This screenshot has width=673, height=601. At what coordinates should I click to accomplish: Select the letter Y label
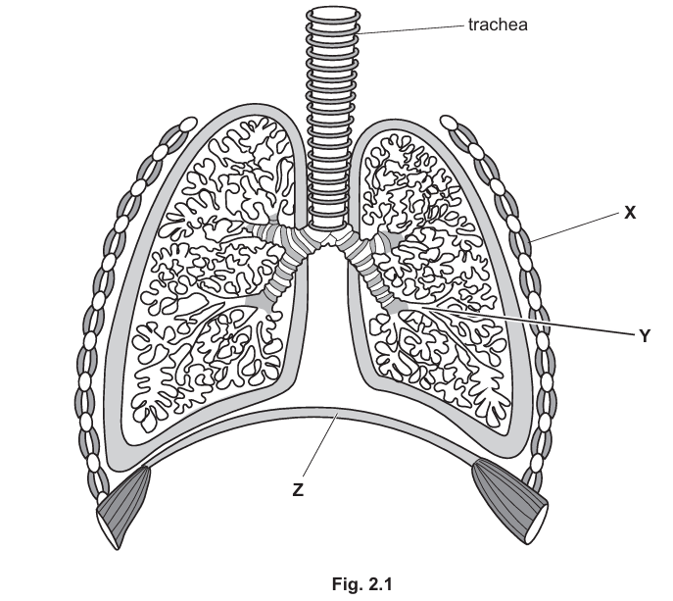click(x=644, y=335)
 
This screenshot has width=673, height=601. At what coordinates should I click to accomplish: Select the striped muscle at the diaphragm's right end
click(x=509, y=497)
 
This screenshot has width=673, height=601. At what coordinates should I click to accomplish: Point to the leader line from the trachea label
click(x=411, y=28)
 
